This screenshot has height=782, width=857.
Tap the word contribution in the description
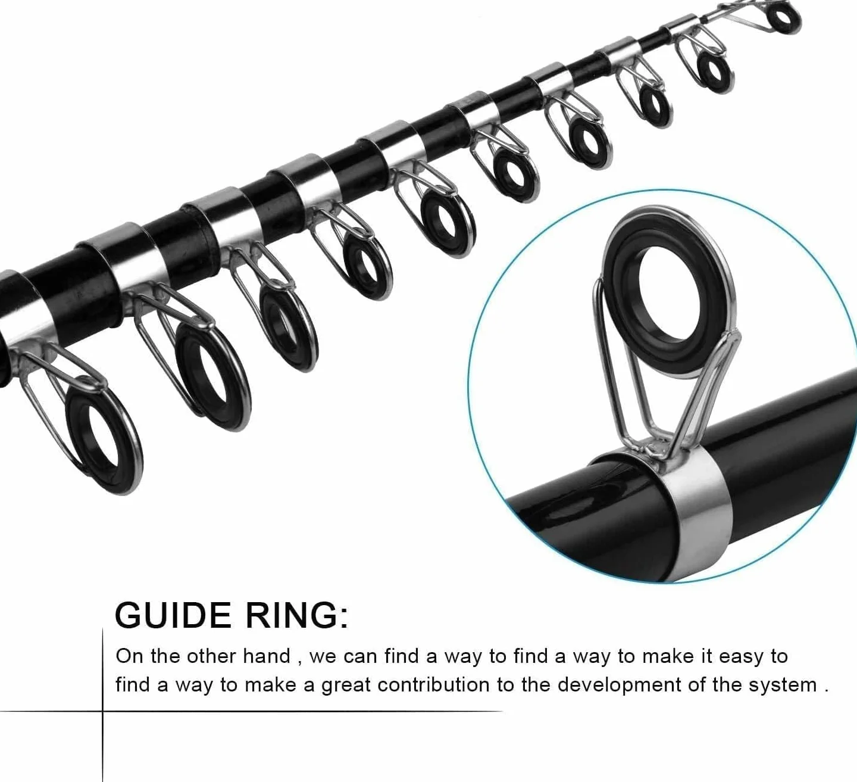point(434,685)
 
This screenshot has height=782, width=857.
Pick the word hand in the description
point(267,656)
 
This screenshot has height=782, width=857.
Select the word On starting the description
point(130,656)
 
